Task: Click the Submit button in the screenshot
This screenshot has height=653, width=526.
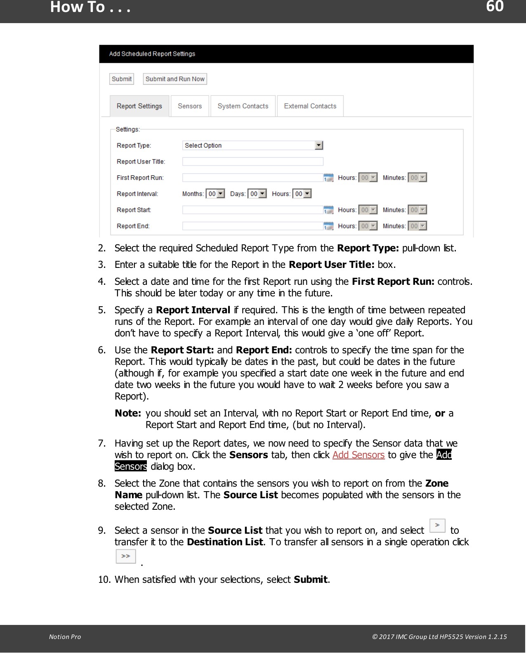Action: (x=122, y=79)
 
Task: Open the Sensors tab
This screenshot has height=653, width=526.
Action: (x=190, y=106)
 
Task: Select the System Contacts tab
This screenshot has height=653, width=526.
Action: (x=243, y=106)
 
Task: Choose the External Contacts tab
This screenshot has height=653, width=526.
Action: (x=310, y=106)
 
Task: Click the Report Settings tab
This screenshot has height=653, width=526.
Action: (x=139, y=106)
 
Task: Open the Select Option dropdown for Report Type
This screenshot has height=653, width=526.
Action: (x=252, y=145)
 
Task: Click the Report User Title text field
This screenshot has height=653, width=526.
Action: (x=252, y=161)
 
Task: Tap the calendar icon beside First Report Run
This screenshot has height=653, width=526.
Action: (x=328, y=177)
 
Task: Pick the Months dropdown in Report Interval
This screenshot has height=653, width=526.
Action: (x=215, y=194)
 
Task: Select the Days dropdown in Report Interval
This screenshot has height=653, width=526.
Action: (x=257, y=194)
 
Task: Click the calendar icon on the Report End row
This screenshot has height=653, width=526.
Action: (x=328, y=226)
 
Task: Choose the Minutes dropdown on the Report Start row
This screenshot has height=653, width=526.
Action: (x=417, y=210)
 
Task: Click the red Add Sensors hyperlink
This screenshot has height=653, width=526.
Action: (x=358, y=455)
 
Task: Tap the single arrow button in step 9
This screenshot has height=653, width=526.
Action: (x=437, y=525)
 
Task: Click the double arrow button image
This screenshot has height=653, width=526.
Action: (x=126, y=556)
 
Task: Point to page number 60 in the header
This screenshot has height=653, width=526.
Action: (x=495, y=7)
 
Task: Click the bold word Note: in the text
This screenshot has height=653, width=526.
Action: (x=128, y=413)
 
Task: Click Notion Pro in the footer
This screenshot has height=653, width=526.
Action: (x=65, y=636)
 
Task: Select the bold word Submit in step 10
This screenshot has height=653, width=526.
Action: (x=310, y=580)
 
